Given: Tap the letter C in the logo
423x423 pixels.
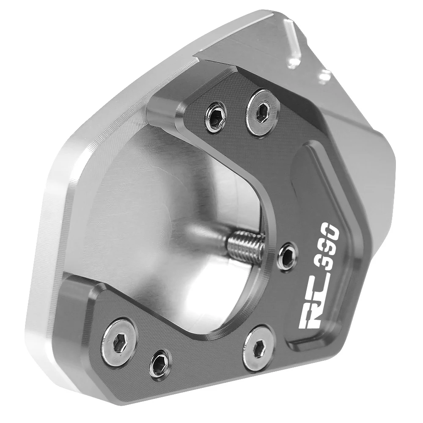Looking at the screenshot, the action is [x=313, y=298].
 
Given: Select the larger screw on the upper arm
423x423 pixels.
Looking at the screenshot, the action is [x=262, y=113].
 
